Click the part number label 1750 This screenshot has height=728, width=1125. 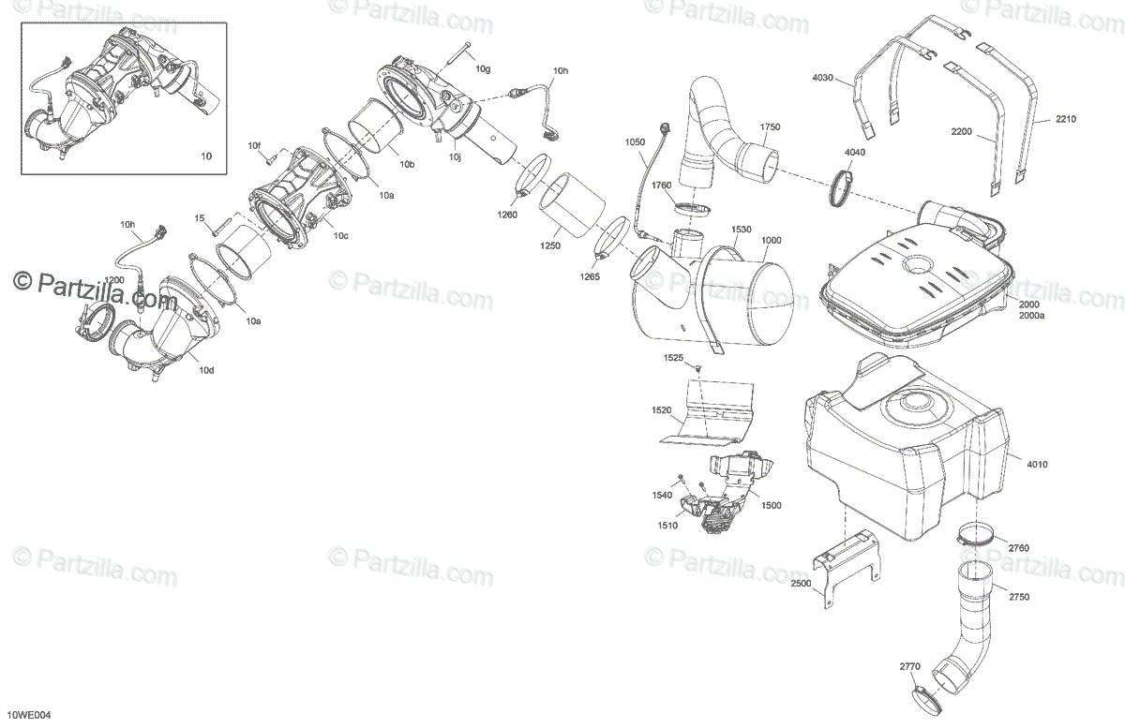770,126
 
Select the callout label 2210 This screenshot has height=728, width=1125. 1066,119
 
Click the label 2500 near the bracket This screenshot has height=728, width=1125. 801,583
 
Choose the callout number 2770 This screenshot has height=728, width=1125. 910,666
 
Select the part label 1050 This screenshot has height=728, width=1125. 636,141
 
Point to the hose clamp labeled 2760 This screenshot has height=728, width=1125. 975,540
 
